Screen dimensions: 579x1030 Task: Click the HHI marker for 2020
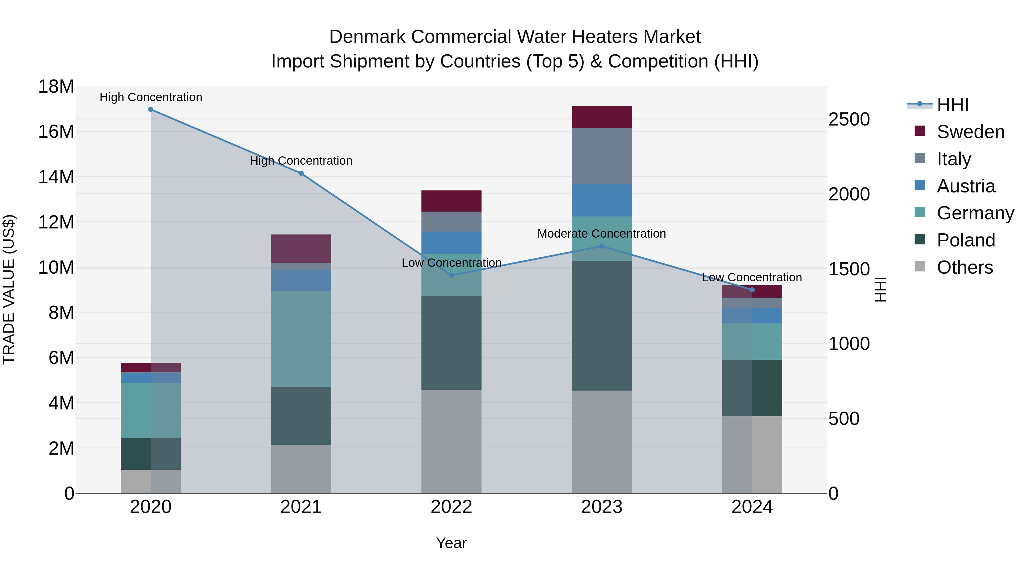pyautogui.click(x=151, y=110)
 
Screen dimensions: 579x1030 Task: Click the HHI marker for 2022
pyautogui.click(x=451, y=275)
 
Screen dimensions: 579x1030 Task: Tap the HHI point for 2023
pyautogui.click(x=602, y=246)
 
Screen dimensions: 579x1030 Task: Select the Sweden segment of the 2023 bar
pyautogui.click(x=602, y=117)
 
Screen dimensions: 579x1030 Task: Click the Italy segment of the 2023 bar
pyautogui.click(x=602, y=156)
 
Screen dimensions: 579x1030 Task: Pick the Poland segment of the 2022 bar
pyautogui.click(x=451, y=343)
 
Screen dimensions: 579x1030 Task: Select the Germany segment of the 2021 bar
pyautogui.click(x=301, y=339)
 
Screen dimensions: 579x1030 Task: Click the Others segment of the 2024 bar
pyautogui.click(x=752, y=454)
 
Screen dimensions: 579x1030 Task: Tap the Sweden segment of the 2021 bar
pyautogui.click(x=301, y=248)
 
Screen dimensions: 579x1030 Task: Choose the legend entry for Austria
pyautogui.click(x=965, y=186)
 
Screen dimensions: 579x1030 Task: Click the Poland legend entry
pyautogui.click(x=965, y=240)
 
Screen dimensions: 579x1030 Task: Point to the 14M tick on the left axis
pyautogui.click(x=56, y=177)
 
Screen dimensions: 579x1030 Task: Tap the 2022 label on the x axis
pyautogui.click(x=451, y=507)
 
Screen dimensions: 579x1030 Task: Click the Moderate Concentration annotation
pyautogui.click(x=601, y=234)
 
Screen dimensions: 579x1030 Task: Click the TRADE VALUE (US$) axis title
pyautogui.click(x=9, y=289)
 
